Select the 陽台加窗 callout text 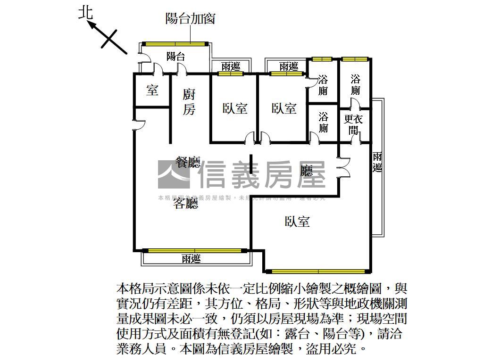tap(191, 18)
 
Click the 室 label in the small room tap(152, 90)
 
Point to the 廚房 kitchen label tap(189, 102)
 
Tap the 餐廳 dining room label tap(188, 163)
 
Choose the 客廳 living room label tap(185, 203)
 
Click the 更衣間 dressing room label tap(353, 124)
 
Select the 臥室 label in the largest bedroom tap(297, 222)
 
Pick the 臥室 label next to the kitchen tap(235, 108)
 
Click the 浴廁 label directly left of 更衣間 tap(323, 122)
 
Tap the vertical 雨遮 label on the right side tap(377, 162)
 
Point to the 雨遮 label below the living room tap(191, 258)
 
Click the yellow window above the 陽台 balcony tap(175, 44)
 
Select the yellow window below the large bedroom tap(316, 271)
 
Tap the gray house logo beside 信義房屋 tap(173, 174)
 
